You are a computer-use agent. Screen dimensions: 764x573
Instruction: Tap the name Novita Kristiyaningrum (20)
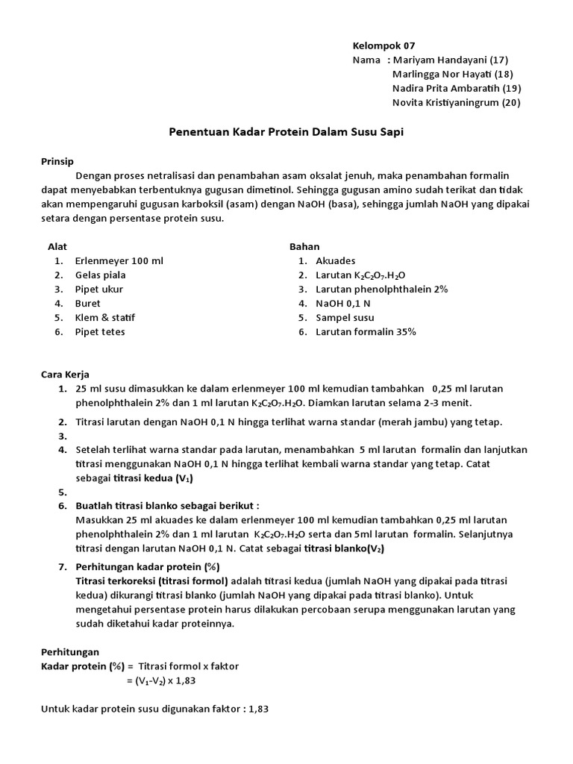coord(456,102)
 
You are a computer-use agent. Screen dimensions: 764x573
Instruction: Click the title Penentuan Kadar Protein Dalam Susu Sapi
coord(286,131)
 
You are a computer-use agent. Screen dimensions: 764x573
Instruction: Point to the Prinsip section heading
coord(57,161)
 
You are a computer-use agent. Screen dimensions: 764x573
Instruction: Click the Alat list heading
coord(57,247)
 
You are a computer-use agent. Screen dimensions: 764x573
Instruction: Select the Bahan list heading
coord(304,247)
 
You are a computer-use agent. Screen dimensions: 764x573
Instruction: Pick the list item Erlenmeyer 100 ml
coord(119,261)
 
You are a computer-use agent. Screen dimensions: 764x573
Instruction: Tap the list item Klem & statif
coord(105,318)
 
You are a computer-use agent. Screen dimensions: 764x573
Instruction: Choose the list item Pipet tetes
coord(100,332)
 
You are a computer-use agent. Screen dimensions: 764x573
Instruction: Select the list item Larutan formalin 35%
coord(366,332)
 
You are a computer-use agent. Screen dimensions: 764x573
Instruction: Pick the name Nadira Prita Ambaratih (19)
coord(456,88)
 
